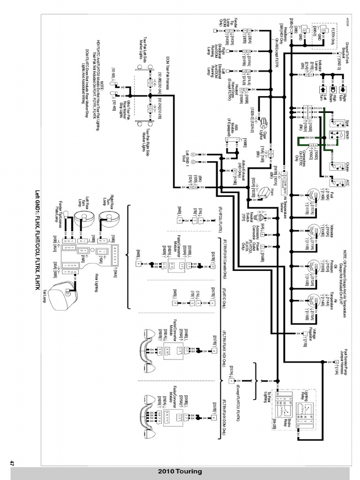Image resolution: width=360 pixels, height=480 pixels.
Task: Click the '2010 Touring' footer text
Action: coord(180,471)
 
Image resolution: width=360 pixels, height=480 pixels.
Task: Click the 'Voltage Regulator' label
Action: coord(317,334)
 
